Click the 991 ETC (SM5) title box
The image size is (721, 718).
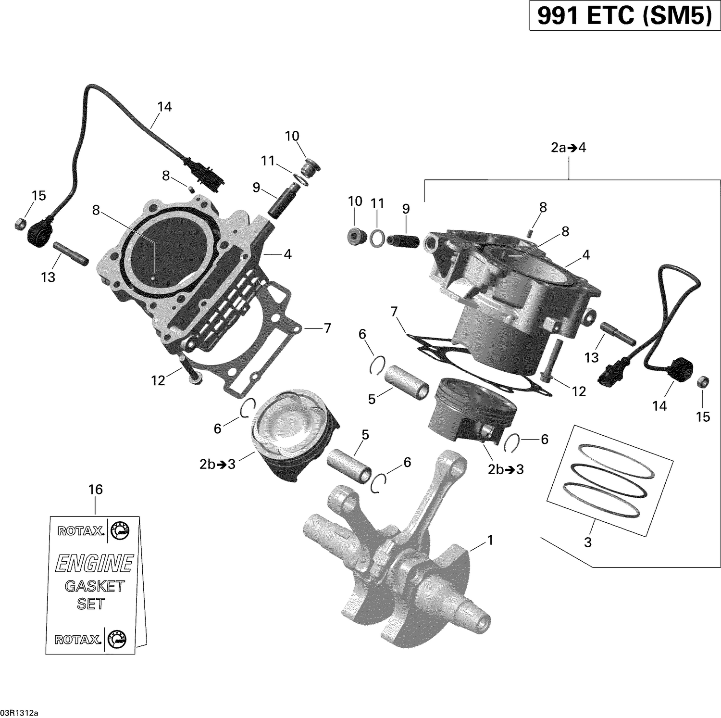coord(624,16)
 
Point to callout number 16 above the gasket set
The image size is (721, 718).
coord(95,490)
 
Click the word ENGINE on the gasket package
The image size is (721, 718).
coord(94,563)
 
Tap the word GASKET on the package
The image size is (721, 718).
coord(94,586)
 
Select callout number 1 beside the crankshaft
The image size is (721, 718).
coord(490,541)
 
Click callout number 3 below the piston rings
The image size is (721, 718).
coord(587,542)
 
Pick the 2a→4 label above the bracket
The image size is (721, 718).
coord(568,148)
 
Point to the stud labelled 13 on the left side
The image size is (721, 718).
coord(71,253)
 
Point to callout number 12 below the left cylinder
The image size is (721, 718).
coord(158,380)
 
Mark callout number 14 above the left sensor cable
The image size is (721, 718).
coord(164,106)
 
